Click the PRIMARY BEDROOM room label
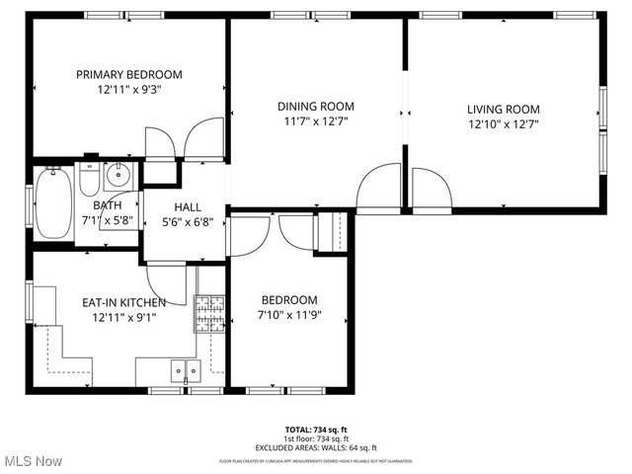[x=130, y=74]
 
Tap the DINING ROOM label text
[x=315, y=107]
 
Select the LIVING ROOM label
[x=504, y=110]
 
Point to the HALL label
[x=188, y=207]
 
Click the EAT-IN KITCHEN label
[x=123, y=302]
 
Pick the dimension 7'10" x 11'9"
[x=289, y=316]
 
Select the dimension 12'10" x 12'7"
[x=504, y=124]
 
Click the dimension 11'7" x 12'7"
[x=315, y=121]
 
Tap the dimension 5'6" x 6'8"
[x=188, y=222]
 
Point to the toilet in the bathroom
[x=90, y=182]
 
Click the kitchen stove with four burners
[x=209, y=315]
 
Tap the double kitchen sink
[x=185, y=370]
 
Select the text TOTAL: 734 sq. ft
[x=316, y=430]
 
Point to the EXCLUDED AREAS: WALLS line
[x=316, y=447]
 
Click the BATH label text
[x=108, y=205]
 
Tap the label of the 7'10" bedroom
[x=289, y=300]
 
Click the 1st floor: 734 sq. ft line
[x=316, y=438]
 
